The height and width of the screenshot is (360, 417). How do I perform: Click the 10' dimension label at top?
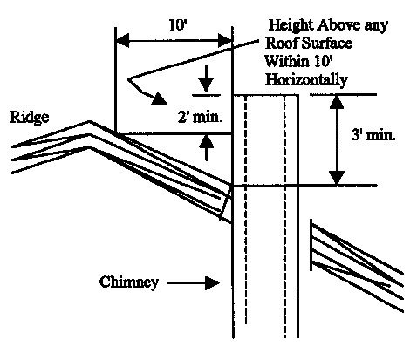click(177, 25)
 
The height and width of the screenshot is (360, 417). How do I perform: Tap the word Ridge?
click(30, 118)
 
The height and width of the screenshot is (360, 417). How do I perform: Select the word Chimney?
click(129, 282)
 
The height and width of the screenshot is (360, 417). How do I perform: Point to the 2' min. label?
click(200, 117)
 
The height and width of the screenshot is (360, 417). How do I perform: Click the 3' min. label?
click(373, 135)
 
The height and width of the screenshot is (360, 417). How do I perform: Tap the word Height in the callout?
click(291, 26)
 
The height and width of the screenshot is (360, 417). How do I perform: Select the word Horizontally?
click(306, 79)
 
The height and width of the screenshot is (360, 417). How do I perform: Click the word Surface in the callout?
click(326, 44)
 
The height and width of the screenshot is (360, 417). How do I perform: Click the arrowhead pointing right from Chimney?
click(212, 283)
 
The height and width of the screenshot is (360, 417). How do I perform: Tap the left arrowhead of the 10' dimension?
click(122, 41)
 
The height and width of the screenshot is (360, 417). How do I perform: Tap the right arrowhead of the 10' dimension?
click(225, 41)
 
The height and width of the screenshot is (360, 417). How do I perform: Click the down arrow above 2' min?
click(206, 78)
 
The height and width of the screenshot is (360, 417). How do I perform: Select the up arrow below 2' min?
click(206, 148)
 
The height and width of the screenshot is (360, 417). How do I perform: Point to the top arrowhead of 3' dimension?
click(337, 102)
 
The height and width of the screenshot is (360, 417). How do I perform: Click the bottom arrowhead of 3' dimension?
click(337, 178)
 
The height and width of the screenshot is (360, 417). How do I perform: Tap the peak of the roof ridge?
click(90, 121)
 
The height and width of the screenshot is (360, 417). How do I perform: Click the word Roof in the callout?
click(282, 44)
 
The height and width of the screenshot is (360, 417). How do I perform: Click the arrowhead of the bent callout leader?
click(159, 98)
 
